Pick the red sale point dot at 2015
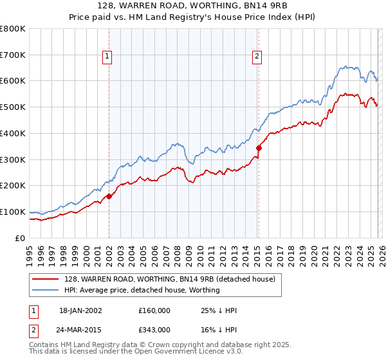pyautogui.click(x=259, y=148)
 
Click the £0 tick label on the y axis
pyautogui.click(x=19, y=238)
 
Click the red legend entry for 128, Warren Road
pyautogui.click(x=170, y=279)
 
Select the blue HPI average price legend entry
pyautogui.click(x=142, y=290)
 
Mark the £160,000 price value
pyautogui.click(x=154, y=310)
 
